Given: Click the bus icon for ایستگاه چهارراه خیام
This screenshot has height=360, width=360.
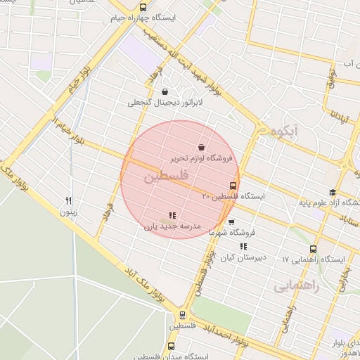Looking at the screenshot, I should click(x=124, y=6).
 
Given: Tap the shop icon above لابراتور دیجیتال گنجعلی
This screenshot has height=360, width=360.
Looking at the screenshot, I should click(x=165, y=91).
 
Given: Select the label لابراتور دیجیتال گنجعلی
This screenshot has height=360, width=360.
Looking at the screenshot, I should click(x=165, y=103).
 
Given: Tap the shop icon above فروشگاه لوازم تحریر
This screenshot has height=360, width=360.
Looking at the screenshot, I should click(x=202, y=148).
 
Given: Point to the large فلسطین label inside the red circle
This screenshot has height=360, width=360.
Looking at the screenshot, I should click(x=166, y=179).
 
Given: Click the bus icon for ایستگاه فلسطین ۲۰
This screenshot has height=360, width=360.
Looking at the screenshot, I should click(x=233, y=186).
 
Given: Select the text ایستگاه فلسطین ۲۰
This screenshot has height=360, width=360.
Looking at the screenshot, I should click(x=233, y=197).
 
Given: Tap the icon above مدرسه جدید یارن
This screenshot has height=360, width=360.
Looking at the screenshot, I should click(x=172, y=216).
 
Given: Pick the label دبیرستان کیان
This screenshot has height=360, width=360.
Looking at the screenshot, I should click(x=243, y=257).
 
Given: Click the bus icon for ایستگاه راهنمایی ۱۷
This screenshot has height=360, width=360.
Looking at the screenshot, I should click(x=313, y=249).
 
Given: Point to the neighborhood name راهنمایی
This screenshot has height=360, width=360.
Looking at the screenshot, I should click(x=296, y=287).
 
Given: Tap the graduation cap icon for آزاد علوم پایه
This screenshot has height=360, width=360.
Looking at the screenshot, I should click(x=332, y=193).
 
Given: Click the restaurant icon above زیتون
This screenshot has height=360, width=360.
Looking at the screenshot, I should click(x=68, y=200).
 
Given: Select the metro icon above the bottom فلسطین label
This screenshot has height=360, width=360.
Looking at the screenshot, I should click(x=182, y=315).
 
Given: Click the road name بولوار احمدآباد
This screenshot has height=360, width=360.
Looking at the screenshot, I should click(x=227, y=335).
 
